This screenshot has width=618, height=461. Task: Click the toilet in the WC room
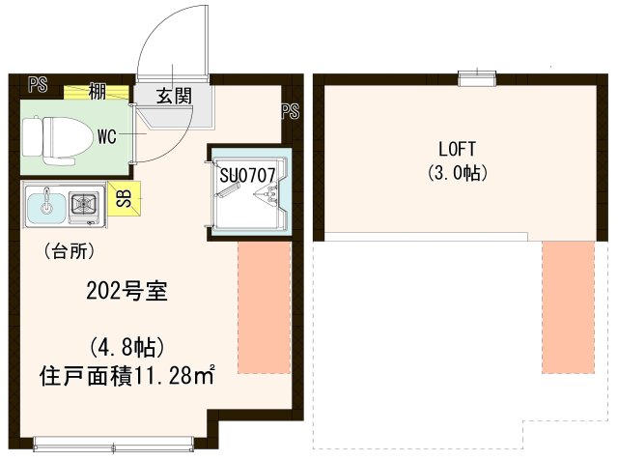(x=50, y=136)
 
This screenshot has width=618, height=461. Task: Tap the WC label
(x=106, y=137)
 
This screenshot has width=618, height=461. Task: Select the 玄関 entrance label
(x=175, y=95)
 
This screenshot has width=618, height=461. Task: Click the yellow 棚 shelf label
(x=97, y=92)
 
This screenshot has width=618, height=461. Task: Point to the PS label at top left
(x=38, y=83)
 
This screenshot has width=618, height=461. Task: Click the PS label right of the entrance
(x=290, y=111)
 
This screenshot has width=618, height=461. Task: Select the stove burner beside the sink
(x=84, y=205)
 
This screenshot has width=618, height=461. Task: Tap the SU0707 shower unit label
(x=248, y=176)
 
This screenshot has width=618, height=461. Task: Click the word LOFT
(x=458, y=150)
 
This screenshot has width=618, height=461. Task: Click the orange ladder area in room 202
(x=264, y=306)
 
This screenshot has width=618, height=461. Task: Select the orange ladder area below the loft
(x=568, y=306)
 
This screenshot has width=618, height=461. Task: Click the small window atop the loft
(x=474, y=74)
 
